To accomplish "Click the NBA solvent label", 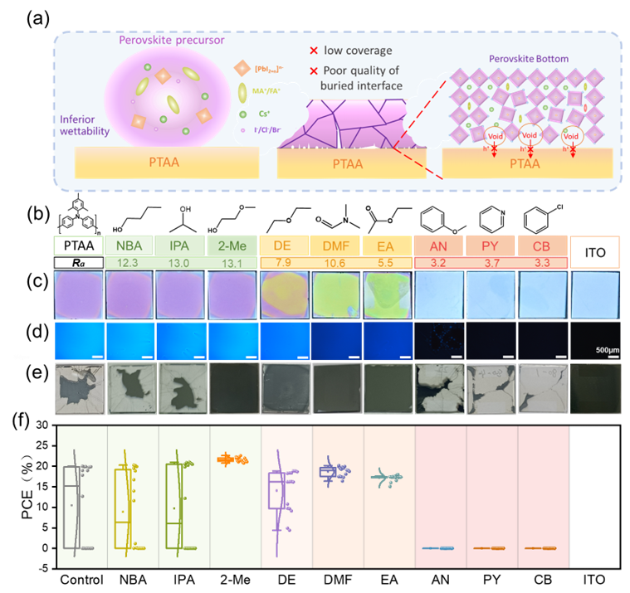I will coord(129,245).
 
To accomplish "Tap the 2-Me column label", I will coord(232,245).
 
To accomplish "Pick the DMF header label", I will coord(335,245).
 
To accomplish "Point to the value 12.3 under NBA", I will coord(130,262).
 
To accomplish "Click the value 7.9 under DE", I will coord(284,262).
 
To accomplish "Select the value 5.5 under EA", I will coord(387,262).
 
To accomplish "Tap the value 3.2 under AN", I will coord(439,262).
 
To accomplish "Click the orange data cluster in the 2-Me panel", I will coord(236,458).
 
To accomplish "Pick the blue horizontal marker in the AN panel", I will coord(440,548).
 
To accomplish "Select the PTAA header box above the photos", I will coord(79,245).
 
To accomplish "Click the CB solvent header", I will coord(542,245).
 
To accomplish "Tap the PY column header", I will coord(491,245).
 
